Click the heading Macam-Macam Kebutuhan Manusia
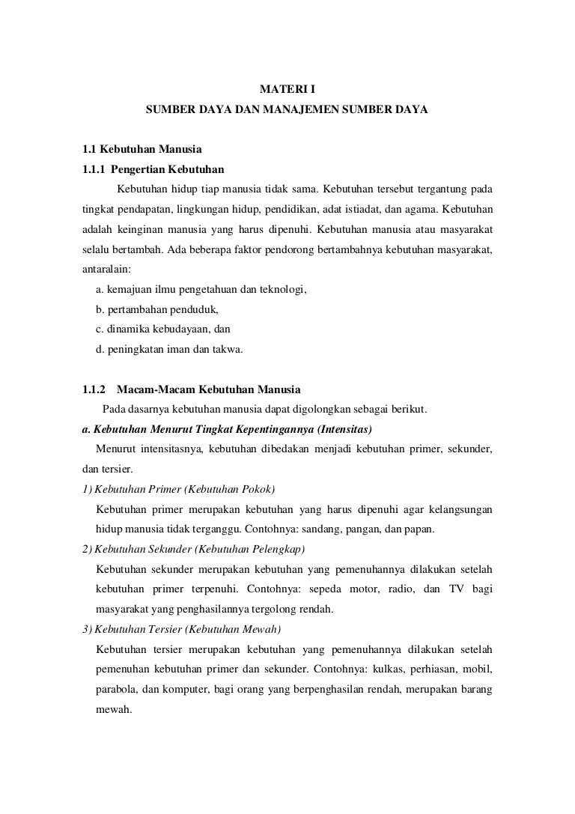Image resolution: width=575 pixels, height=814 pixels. (x=208, y=389)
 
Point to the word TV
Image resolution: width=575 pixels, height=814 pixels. (x=457, y=589)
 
